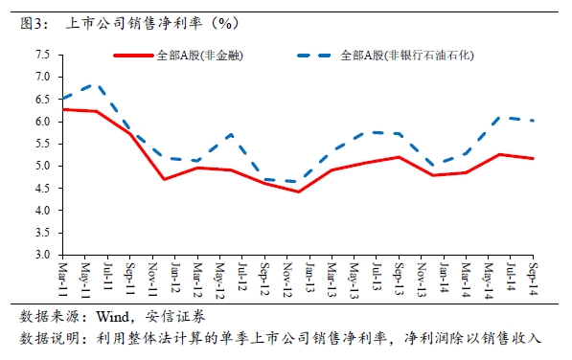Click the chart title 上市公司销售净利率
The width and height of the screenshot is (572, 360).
click(134, 24)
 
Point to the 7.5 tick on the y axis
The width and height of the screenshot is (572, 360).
click(42, 55)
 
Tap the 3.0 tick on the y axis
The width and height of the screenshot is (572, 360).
click(42, 255)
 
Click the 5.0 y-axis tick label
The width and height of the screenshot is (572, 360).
click(42, 166)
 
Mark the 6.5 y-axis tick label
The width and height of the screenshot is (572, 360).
click(42, 100)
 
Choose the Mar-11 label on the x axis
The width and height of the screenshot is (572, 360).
click(62, 279)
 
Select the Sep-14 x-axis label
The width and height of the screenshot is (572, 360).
click(533, 279)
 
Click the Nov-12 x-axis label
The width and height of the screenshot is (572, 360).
click(286, 280)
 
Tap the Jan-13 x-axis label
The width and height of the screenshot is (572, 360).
click(309, 278)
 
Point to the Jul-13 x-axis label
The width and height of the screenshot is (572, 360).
click(377, 276)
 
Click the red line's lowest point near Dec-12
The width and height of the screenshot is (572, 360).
click(298, 191)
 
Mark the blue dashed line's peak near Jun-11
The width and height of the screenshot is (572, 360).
click(97, 85)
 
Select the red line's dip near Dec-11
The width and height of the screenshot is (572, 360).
click(164, 179)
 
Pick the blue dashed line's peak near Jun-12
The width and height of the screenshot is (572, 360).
click(231, 135)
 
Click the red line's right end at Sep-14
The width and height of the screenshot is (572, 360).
click(533, 159)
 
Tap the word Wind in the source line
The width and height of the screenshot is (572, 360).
click(113, 317)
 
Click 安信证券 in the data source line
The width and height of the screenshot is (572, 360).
click(175, 317)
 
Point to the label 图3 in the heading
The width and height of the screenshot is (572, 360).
click(32, 24)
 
